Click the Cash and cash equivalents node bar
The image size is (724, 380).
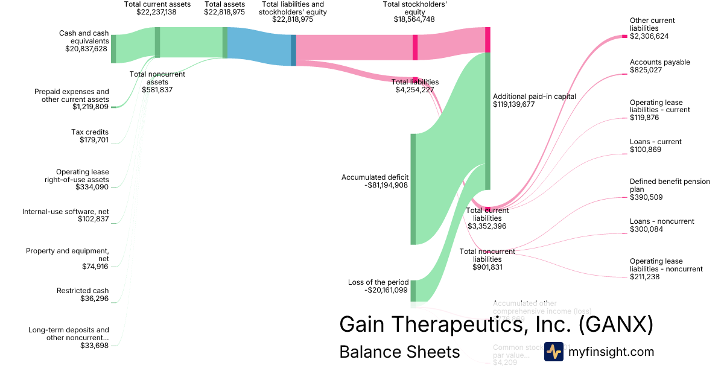[x=113, y=49]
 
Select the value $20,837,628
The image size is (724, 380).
[x=86, y=49]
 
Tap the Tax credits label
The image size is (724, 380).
[x=90, y=132]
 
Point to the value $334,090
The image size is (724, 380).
[x=92, y=187]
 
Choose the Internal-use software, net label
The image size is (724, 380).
[x=66, y=212]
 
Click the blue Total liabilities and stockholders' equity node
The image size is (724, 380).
[x=293, y=50]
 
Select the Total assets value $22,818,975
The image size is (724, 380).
[x=224, y=11]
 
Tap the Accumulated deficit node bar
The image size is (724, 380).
[x=413, y=189]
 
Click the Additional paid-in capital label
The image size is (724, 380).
[x=535, y=97]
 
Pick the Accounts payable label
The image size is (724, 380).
[x=659, y=62]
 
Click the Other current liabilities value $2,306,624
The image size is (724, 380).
[x=649, y=36]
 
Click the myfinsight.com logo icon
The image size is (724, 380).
[x=553, y=352]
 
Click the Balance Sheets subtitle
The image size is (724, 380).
[x=399, y=352]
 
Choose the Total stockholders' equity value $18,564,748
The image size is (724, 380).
[x=414, y=19]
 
